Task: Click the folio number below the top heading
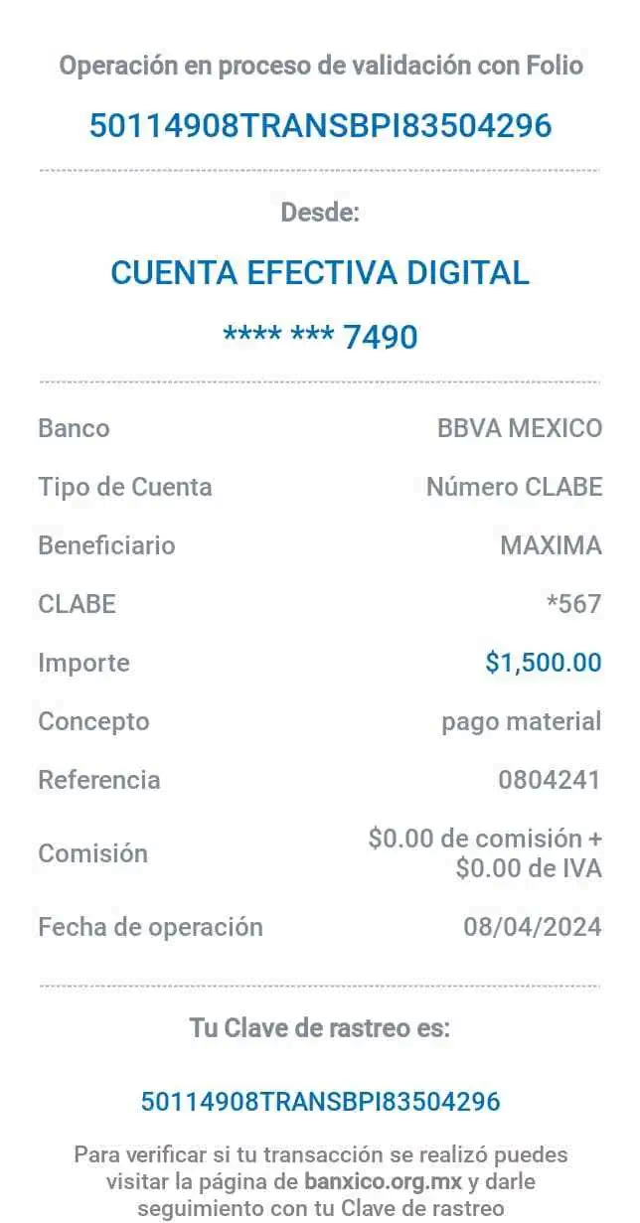[x=319, y=126]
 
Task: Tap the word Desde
[x=321, y=212]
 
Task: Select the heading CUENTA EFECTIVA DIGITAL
[x=320, y=272]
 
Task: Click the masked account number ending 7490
[x=320, y=337]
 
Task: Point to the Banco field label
[x=74, y=429]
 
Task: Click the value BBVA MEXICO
[x=519, y=429]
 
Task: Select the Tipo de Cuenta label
[x=125, y=487]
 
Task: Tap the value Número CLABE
[x=514, y=487]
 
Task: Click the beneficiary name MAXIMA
[x=551, y=545]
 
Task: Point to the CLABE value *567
[x=574, y=603]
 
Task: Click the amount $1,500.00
[x=544, y=662]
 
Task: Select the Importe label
[x=84, y=663]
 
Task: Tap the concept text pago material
[x=522, y=721]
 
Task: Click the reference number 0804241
[x=549, y=780]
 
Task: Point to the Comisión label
[x=92, y=853]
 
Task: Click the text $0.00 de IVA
[x=529, y=869]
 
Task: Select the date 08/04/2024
[x=533, y=927]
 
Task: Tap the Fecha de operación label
[x=150, y=927]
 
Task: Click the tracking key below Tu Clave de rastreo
[x=320, y=1101]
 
